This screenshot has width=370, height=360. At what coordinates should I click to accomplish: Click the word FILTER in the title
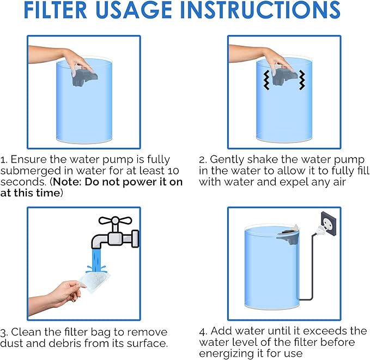point(56,10)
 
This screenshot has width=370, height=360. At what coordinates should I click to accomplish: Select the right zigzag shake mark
point(302,80)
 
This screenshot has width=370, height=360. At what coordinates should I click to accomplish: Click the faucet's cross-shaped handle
point(115,221)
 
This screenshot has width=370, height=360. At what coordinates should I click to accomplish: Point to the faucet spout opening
point(96,247)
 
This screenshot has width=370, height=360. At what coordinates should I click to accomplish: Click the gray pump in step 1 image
point(84,76)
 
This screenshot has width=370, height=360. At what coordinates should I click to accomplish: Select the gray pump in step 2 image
point(284,76)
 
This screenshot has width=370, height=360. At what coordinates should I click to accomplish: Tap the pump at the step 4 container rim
point(288,235)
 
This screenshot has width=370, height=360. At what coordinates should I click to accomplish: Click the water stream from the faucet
point(96,260)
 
